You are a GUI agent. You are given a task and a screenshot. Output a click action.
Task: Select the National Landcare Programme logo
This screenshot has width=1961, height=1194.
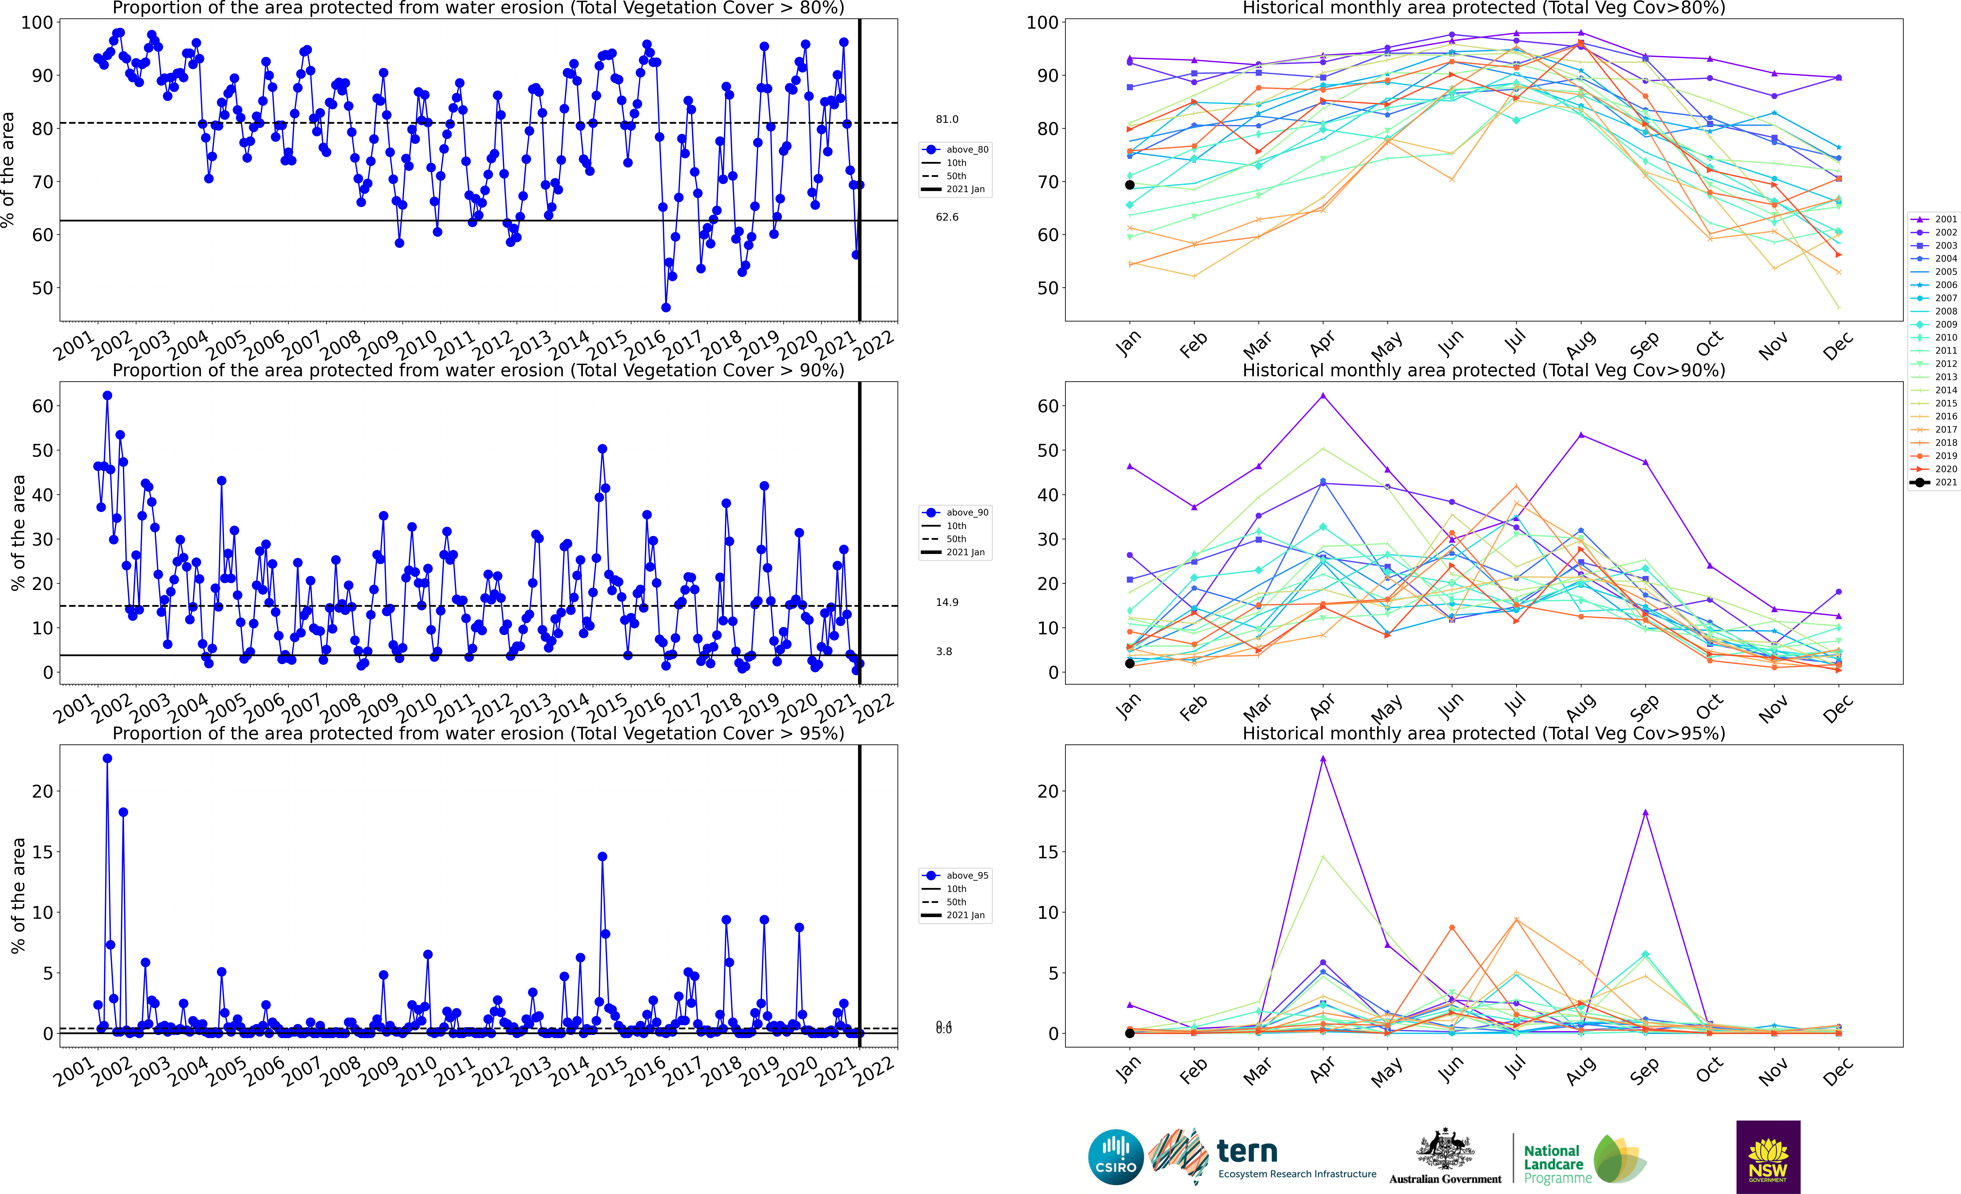[x=1584, y=1160]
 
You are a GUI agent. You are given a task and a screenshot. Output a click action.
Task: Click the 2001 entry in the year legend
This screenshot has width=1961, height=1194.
[x=1934, y=219]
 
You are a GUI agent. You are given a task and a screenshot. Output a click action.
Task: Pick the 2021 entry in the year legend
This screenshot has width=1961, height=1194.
[x=1934, y=482]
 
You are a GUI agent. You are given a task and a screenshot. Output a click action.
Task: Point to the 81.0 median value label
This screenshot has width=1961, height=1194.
[x=947, y=119]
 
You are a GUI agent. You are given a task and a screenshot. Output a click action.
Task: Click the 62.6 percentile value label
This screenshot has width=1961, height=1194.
[x=947, y=217]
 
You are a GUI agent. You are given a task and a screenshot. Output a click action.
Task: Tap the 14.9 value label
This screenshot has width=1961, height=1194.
[x=947, y=603]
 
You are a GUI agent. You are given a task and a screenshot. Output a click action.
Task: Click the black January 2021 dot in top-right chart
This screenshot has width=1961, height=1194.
[x=1129, y=185]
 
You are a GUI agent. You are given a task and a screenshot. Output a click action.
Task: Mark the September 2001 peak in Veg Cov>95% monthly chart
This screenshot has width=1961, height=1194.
[x=1645, y=813]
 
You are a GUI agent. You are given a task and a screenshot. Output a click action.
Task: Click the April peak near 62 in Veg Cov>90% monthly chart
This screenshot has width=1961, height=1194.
[x=1323, y=396]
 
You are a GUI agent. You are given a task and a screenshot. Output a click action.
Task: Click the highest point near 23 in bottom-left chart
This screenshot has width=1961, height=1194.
[x=108, y=759]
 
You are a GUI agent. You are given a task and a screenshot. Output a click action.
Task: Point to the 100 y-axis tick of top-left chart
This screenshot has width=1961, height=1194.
[x=37, y=22]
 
